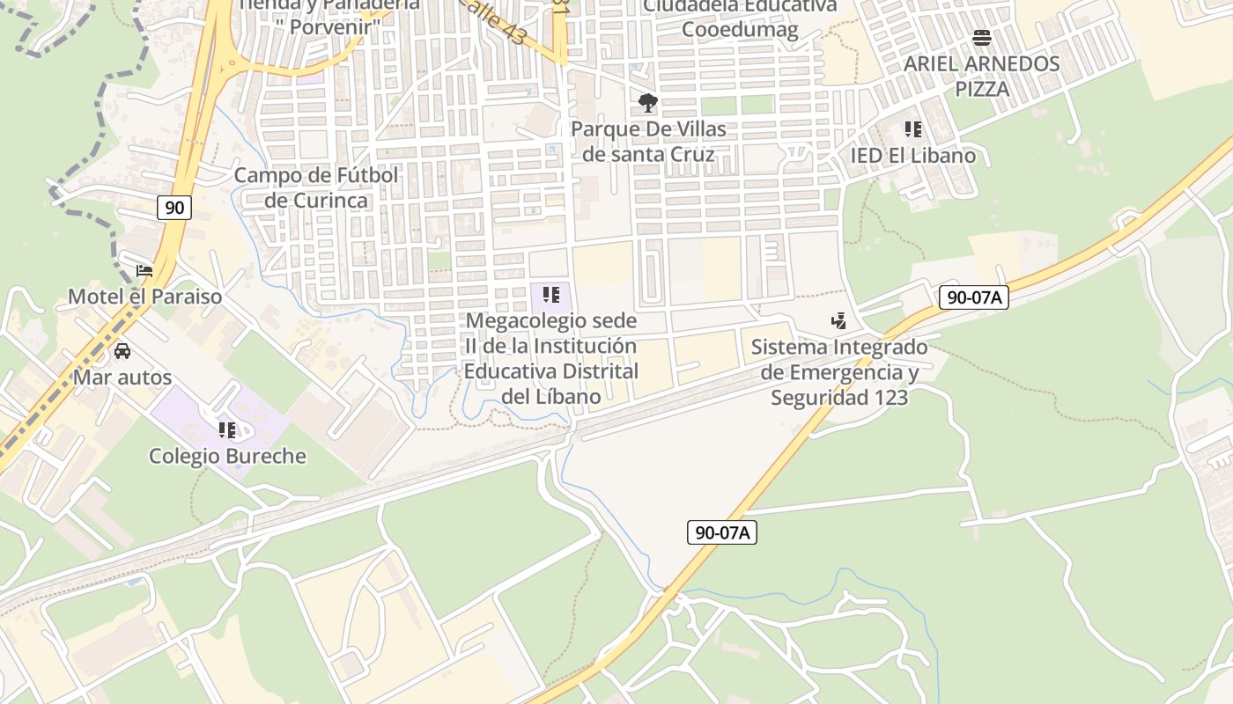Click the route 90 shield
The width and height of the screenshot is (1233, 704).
[175, 208]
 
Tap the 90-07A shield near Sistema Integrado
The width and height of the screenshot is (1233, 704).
[973, 297]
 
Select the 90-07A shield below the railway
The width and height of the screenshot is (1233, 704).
[722, 532]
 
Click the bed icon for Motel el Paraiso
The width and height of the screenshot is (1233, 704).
[144, 271]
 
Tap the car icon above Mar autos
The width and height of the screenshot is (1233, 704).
[122, 351]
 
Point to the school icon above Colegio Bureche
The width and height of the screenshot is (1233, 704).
[227, 430]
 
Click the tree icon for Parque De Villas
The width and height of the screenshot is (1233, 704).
[648, 104]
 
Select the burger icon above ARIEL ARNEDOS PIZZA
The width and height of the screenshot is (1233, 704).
[982, 38]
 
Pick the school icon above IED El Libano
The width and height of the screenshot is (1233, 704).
[913, 130]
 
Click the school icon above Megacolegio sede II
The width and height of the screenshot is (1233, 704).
[551, 295]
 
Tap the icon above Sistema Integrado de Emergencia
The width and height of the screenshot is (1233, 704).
[839, 321]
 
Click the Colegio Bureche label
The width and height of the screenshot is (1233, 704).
[227, 456]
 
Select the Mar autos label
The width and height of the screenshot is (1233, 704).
[122, 378]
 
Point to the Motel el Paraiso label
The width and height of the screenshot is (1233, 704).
[145, 297]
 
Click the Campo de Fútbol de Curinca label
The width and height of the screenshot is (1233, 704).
[316, 187]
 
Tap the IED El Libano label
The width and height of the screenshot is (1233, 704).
[913, 156]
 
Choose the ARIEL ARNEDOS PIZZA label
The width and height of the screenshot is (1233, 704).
[982, 77]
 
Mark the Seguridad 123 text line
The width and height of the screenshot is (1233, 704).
[839, 398]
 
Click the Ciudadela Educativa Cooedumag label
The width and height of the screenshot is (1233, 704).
[740, 18]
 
